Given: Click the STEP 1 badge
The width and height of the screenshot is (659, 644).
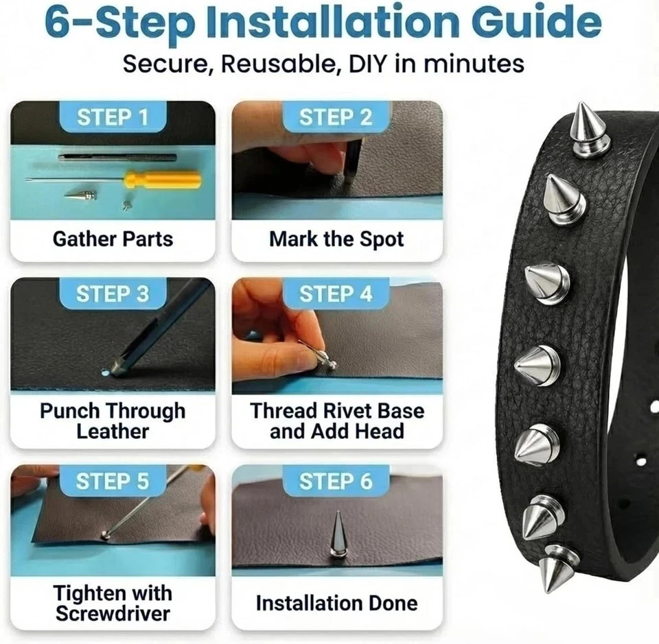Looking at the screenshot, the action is tap(113, 117).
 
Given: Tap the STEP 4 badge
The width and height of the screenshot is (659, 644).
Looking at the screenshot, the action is tap(336, 294).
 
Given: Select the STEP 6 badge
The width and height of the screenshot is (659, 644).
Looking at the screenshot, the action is tap(336, 481).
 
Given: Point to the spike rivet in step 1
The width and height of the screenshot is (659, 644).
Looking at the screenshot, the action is tap(80, 194).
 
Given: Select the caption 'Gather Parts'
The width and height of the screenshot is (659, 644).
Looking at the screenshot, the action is tap(113, 239).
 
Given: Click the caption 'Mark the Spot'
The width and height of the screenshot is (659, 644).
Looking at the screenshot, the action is tap(336, 239).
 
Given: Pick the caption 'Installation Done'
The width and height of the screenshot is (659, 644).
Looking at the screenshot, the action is tap(336, 603).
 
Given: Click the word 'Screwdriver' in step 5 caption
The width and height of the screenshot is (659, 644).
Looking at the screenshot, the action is tap(113, 613).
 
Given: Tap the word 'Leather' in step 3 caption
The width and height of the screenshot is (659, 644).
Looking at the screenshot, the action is tap(113, 431).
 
